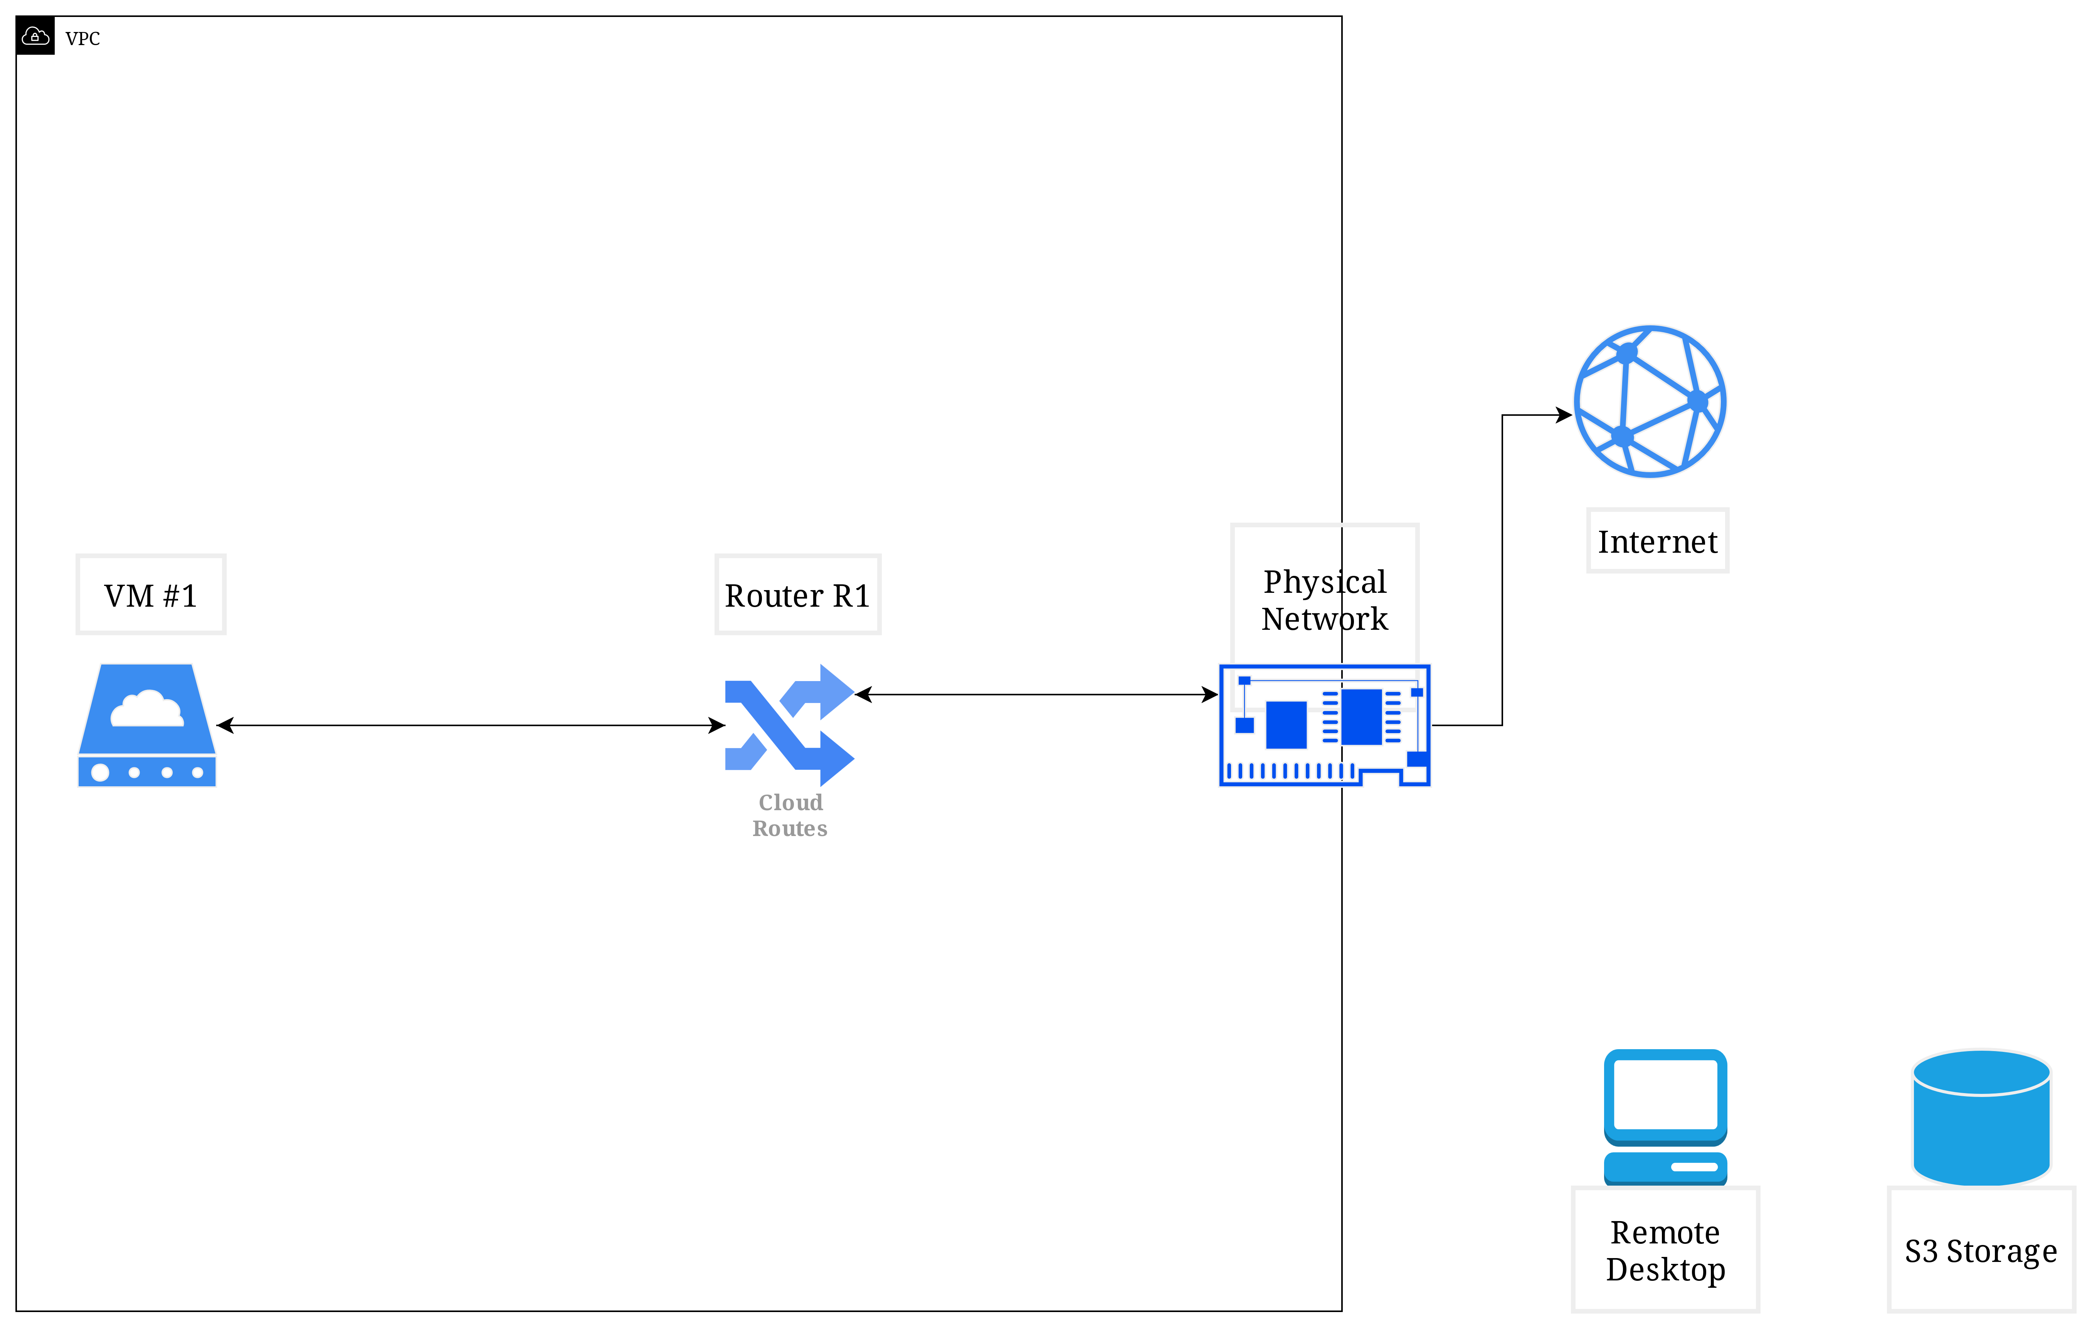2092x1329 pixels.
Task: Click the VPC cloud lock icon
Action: click(35, 35)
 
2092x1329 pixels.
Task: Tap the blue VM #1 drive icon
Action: click(147, 725)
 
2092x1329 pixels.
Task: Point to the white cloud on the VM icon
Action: click(147, 708)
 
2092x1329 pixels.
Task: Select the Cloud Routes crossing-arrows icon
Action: click(789, 725)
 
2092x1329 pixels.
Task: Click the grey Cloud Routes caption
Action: click(790, 815)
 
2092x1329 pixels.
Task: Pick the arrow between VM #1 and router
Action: click(469, 725)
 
